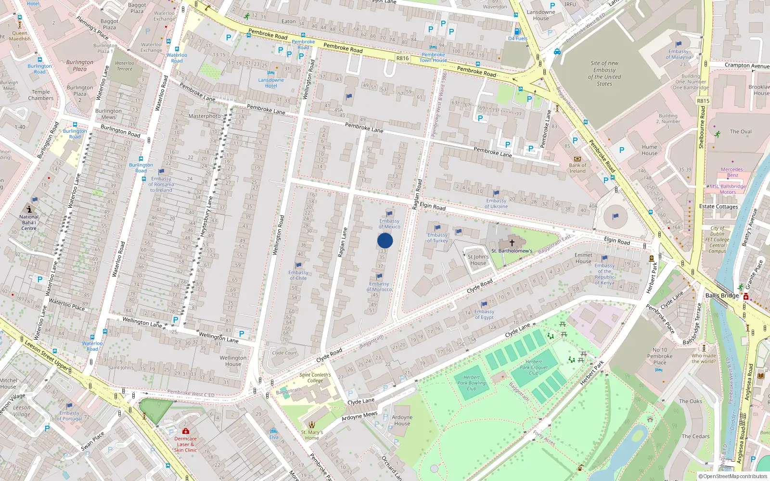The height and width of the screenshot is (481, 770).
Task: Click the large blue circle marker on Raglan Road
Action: click(385, 240)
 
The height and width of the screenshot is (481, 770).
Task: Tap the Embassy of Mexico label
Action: click(389, 224)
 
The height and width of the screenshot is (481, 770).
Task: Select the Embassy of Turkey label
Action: click(437, 238)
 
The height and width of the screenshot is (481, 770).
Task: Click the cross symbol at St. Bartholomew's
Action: click(512, 243)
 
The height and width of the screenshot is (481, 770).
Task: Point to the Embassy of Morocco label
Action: click(379, 286)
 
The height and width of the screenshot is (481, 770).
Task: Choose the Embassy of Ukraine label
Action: click(496, 203)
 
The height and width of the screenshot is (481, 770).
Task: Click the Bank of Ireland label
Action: click(577, 168)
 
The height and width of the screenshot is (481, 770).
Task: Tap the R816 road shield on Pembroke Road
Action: click(402, 58)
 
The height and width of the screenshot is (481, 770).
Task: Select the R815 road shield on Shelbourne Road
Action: click(703, 101)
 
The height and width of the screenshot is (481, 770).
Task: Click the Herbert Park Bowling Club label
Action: click(471, 383)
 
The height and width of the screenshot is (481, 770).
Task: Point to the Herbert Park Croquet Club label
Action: click(534, 367)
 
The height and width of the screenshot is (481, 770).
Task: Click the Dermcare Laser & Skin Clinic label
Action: click(185, 444)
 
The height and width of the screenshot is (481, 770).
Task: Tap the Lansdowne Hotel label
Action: click(271, 83)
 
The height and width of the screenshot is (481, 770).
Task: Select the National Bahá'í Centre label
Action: click(29, 222)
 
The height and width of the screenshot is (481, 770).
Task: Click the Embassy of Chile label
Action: click(298, 275)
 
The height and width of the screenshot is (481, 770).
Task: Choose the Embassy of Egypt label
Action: click(484, 314)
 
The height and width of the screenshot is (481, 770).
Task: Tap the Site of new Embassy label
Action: click(604, 73)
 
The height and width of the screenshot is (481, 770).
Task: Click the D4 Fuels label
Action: click(518, 38)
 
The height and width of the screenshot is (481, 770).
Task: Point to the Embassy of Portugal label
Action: click(70, 416)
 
